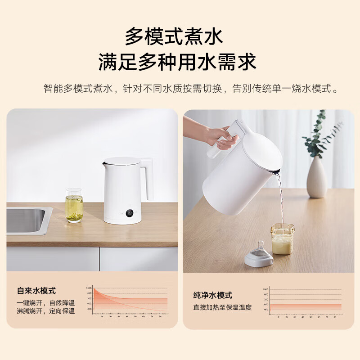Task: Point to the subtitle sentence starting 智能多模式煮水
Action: [x=191, y=88]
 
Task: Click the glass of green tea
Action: [x=74, y=206]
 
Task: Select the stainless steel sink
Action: [x=27, y=220]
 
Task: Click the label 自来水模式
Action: [x=37, y=291]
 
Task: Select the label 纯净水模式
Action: [x=212, y=296]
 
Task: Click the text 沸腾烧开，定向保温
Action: [x=45, y=311]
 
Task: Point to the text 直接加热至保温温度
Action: [x=222, y=307]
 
